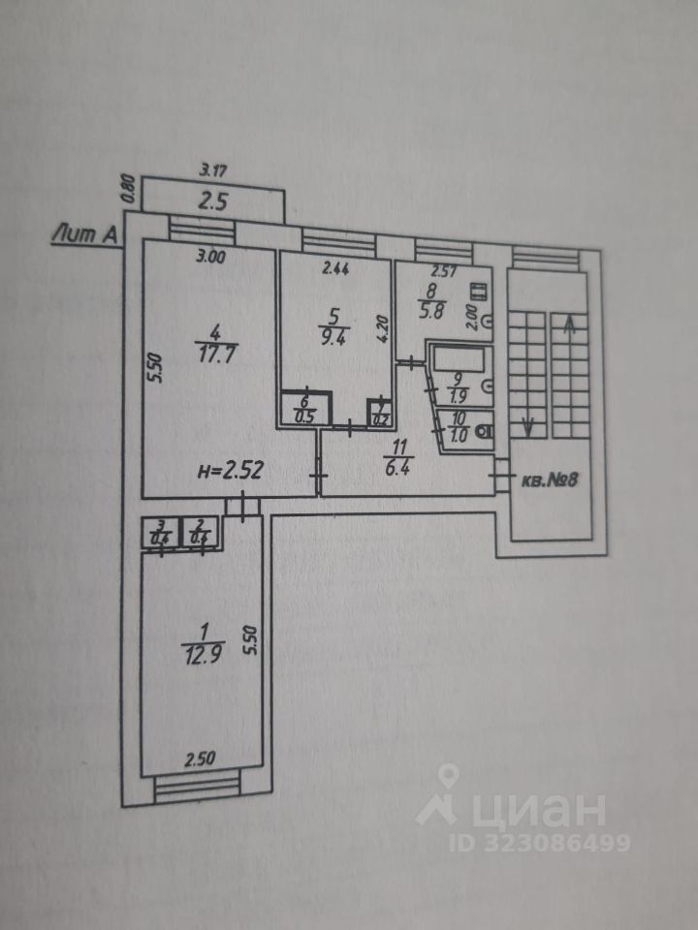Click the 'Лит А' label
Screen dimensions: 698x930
pos(85,232)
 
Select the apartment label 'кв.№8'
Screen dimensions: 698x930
pos(550,480)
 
